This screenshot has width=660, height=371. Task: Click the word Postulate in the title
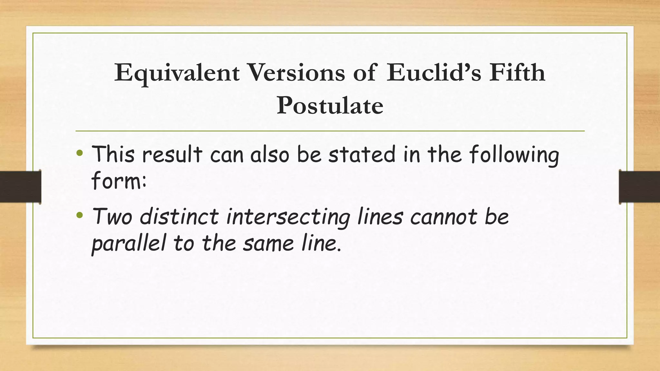[x=330, y=106]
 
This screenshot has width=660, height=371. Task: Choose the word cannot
[x=443, y=216]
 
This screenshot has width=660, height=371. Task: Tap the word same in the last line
[x=268, y=243]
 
